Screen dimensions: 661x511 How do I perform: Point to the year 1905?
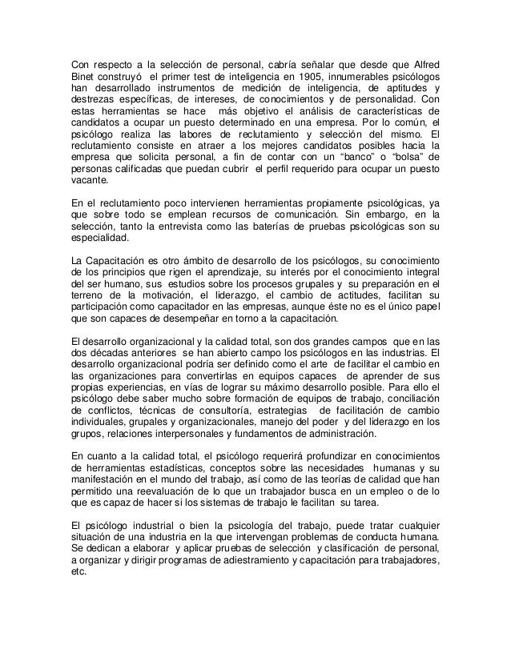point(304,76)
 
